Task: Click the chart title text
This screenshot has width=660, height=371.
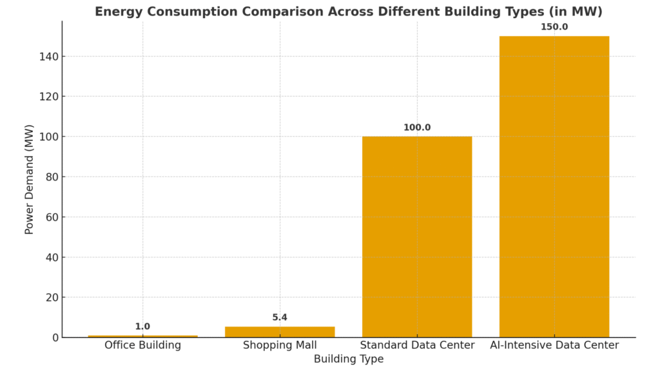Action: click(x=349, y=12)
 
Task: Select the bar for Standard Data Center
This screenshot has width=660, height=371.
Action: click(x=417, y=236)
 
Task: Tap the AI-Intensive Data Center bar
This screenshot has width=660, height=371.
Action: click(x=554, y=187)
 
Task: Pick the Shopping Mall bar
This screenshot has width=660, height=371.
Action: click(x=280, y=332)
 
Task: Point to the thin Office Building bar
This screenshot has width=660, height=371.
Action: click(x=142, y=336)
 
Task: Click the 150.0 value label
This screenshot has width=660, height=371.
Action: click(x=554, y=27)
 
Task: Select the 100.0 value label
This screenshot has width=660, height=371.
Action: click(x=417, y=128)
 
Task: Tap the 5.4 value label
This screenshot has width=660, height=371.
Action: click(x=280, y=318)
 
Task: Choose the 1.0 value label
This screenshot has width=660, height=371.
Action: click(x=142, y=327)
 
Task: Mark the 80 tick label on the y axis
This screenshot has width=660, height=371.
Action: click(x=52, y=177)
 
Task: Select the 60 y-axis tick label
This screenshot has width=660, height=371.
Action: click(x=52, y=217)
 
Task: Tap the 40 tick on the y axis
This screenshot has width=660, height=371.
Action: click(x=52, y=257)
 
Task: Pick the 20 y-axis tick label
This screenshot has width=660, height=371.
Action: click(x=52, y=298)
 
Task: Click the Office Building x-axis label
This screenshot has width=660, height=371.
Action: click(x=142, y=345)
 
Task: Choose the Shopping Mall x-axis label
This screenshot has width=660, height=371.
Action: click(x=280, y=345)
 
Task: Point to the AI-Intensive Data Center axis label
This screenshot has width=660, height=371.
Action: click(x=554, y=345)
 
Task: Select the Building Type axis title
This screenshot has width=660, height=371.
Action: click(x=349, y=359)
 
